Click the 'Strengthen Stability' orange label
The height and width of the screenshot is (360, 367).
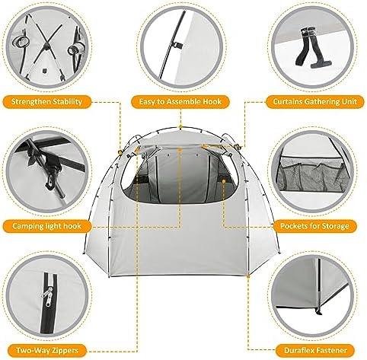coord(46,102)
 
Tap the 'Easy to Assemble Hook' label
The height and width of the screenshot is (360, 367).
coord(180,102)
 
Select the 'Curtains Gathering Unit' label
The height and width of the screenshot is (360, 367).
coord(314,102)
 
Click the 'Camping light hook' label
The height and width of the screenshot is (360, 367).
coord(46,226)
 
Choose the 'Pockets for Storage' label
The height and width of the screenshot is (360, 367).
coord(314,226)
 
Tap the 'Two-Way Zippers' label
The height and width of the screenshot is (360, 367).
coord(47,351)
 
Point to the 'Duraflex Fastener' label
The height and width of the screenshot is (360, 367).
coord(315,351)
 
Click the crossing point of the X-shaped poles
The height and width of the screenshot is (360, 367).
coord(46,46)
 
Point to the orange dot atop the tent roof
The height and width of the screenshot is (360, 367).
coord(180,126)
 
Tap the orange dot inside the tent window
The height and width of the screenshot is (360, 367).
coord(224,181)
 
